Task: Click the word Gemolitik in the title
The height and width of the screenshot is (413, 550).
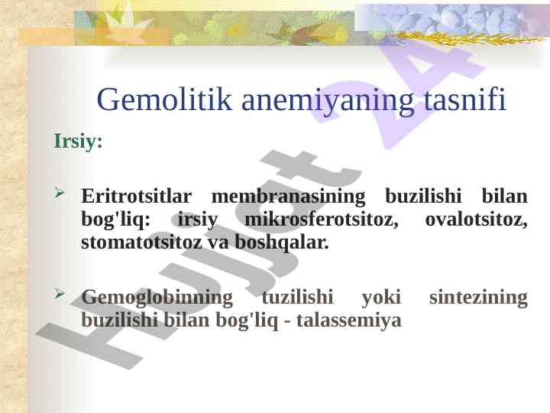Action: [164, 99]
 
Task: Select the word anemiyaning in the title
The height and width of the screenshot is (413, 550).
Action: [328, 102]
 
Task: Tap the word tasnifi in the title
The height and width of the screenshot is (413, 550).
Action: [465, 99]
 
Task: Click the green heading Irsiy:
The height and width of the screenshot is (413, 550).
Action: [78, 141]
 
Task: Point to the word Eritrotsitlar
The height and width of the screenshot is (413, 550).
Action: [137, 196]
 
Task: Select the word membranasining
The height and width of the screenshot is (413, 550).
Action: [288, 197]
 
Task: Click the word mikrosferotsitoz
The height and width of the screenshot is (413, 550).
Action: [322, 220]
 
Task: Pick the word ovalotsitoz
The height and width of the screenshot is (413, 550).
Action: [477, 220]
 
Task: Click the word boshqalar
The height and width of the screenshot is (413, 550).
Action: [282, 243]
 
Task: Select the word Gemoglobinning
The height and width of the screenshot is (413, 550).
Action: [157, 298]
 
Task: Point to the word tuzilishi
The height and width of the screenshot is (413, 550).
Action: [297, 297]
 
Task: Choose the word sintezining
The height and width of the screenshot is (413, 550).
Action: [478, 298]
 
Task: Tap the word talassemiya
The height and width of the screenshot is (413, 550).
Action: [349, 320]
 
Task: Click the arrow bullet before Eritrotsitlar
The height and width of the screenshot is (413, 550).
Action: [60, 193]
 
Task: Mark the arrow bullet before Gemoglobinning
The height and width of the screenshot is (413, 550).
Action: [60, 294]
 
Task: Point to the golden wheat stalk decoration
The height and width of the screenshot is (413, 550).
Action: [467, 38]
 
